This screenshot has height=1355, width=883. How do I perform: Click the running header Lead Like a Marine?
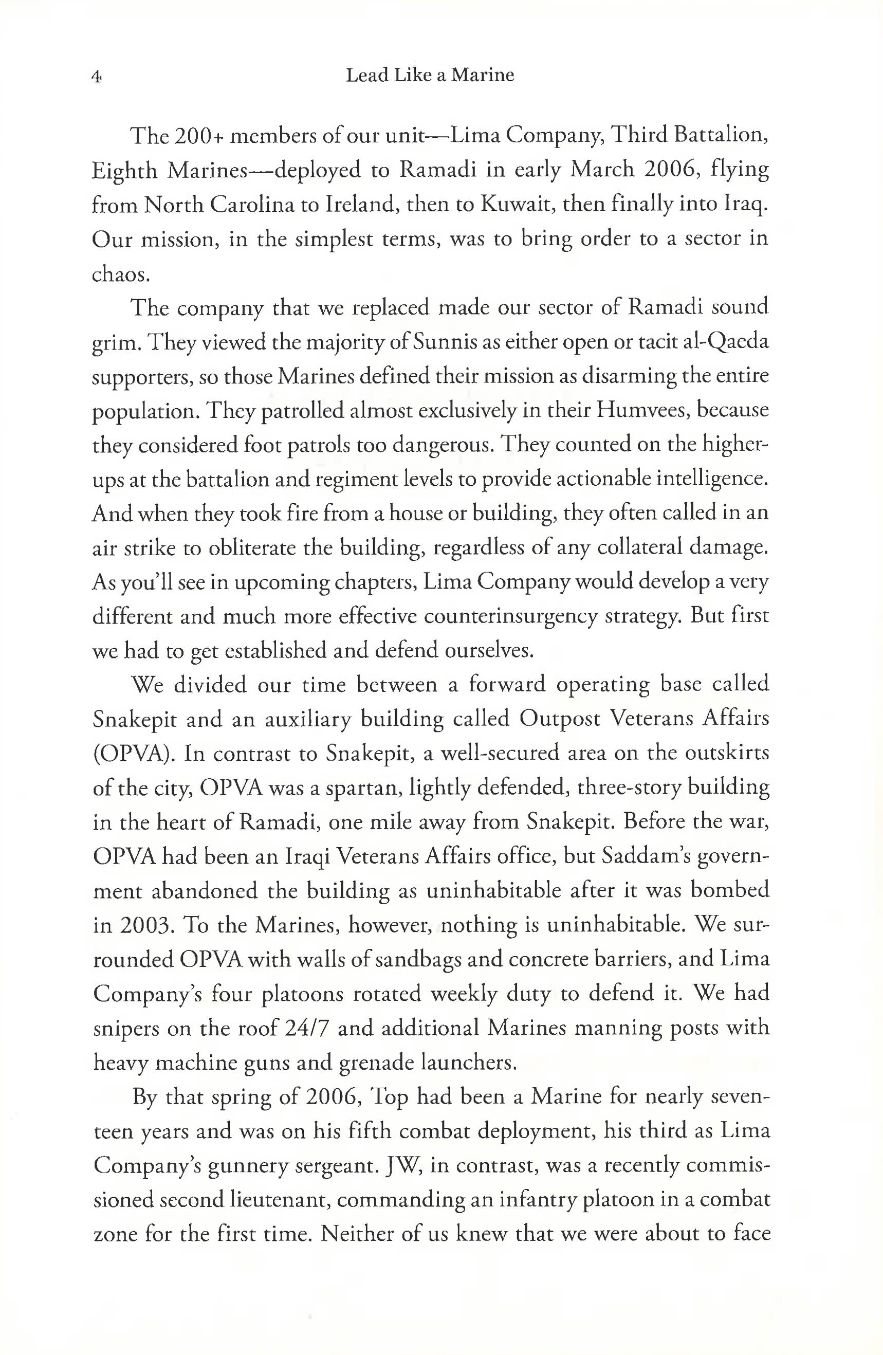430,75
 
